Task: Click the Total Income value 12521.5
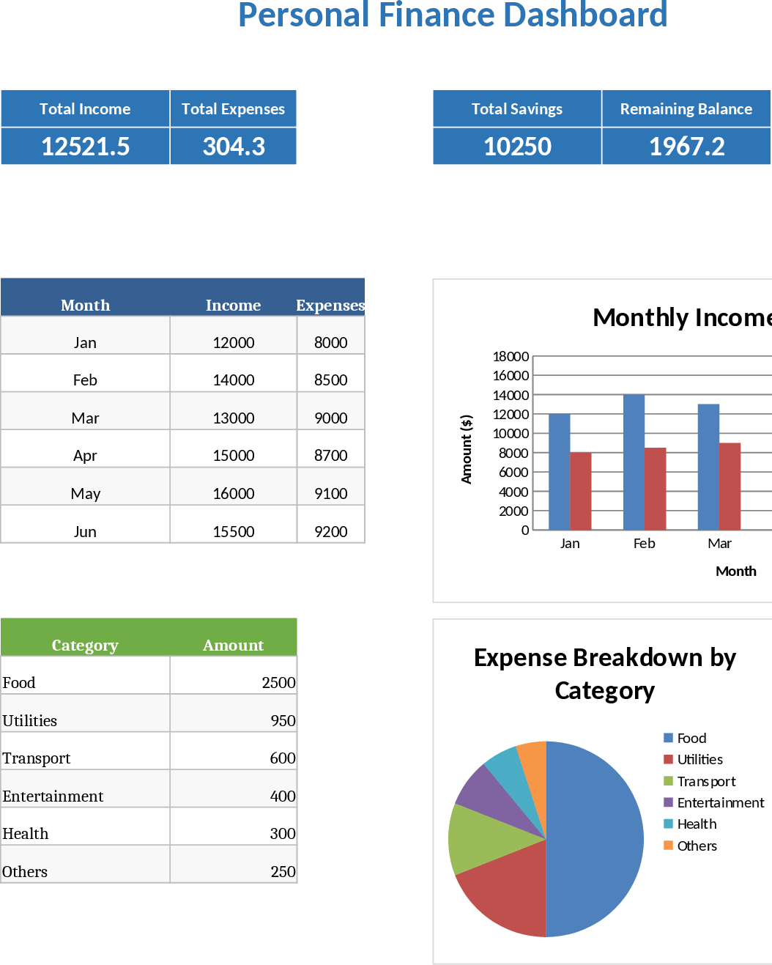click(x=85, y=147)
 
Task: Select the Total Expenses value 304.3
click(x=234, y=147)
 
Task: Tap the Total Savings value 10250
click(x=517, y=147)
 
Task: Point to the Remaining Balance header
click(x=686, y=109)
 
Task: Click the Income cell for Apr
click(x=234, y=455)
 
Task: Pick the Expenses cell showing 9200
click(x=330, y=531)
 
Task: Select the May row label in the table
click(x=85, y=493)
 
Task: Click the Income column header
click(x=233, y=305)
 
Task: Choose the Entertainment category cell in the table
click(x=53, y=796)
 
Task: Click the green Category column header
click(x=85, y=645)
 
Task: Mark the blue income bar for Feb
click(x=634, y=462)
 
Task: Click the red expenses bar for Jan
click(x=581, y=491)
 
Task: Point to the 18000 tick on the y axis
click(x=511, y=357)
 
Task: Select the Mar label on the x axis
click(x=719, y=543)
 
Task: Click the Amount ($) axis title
click(x=467, y=449)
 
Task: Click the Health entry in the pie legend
click(x=696, y=824)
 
